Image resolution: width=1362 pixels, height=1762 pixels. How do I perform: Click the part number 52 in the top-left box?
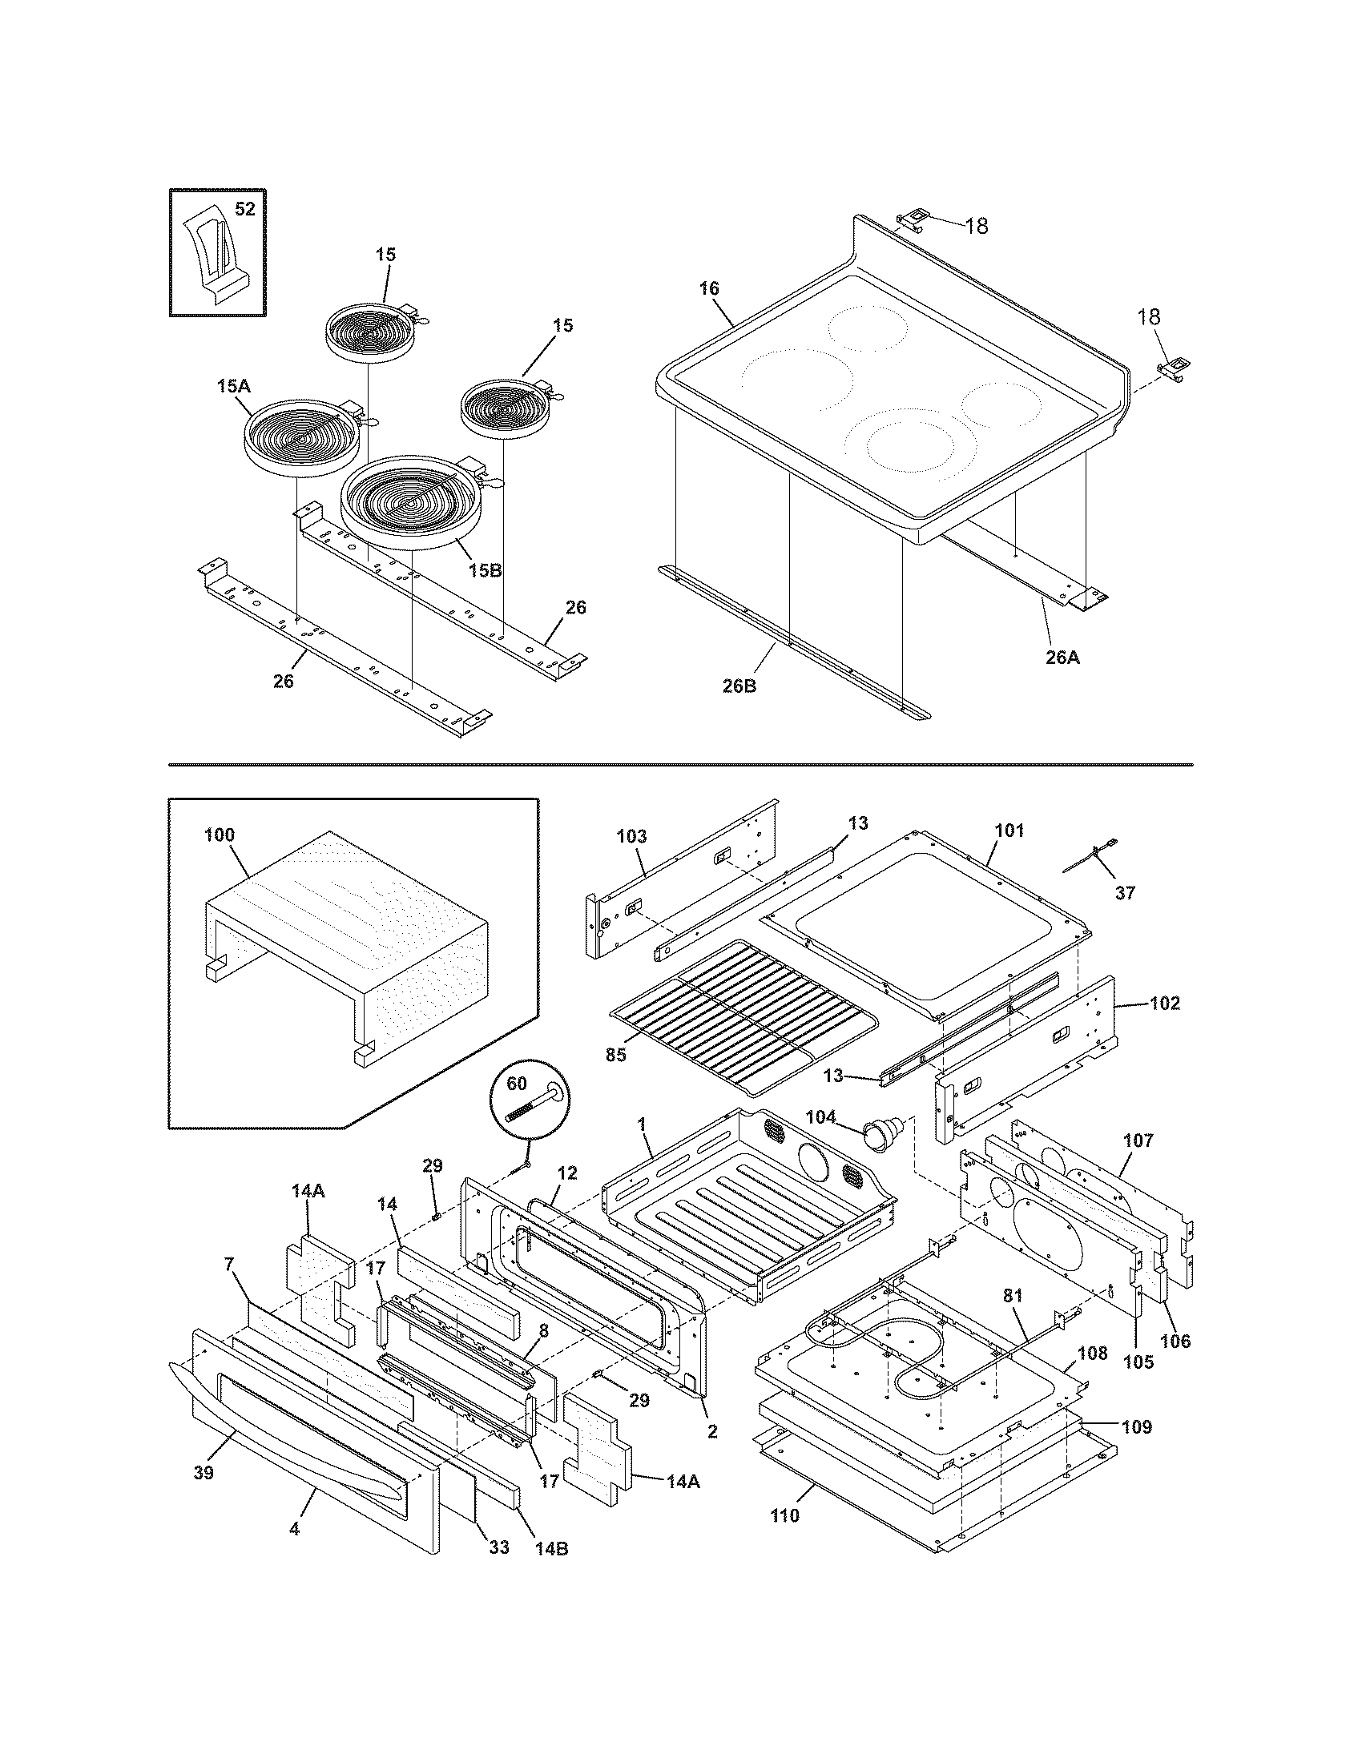244,209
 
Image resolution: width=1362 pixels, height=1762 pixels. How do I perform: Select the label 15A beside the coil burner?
233,387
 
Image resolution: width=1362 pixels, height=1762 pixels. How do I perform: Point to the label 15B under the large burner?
484,569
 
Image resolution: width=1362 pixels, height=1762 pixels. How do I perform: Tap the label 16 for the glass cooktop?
709,288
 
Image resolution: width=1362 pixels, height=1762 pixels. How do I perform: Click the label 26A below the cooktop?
1062,658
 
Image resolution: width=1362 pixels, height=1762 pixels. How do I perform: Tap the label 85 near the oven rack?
615,1056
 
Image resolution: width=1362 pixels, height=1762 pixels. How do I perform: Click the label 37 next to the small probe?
1125,893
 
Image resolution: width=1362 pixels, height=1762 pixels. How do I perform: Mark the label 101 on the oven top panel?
1009,830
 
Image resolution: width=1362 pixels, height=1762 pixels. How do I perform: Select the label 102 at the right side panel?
1164,1004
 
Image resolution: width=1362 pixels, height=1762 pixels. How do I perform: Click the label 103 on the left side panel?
631,837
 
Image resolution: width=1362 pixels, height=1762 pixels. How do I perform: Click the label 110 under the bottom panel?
784,1515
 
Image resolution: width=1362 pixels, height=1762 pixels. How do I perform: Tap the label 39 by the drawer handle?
203,1473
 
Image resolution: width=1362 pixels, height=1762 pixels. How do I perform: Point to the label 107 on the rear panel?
1138,1140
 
